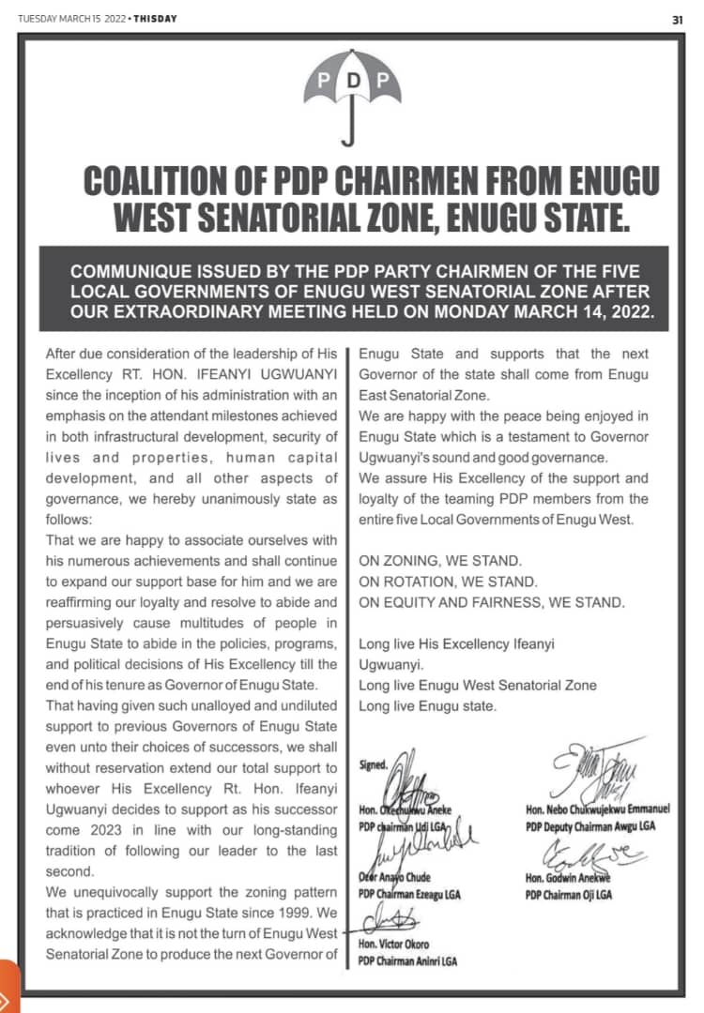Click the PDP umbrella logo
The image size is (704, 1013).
pyautogui.click(x=352, y=95)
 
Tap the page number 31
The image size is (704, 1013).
pyautogui.click(x=678, y=19)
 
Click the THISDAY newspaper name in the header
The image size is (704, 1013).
pyautogui.click(x=153, y=19)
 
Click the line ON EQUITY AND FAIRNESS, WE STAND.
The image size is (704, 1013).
pyautogui.click(x=492, y=602)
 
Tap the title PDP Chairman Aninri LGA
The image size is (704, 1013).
pyautogui.click(x=407, y=961)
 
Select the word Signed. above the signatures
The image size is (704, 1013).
pyautogui.click(x=374, y=765)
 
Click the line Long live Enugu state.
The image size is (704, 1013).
pyautogui.click(x=428, y=705)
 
